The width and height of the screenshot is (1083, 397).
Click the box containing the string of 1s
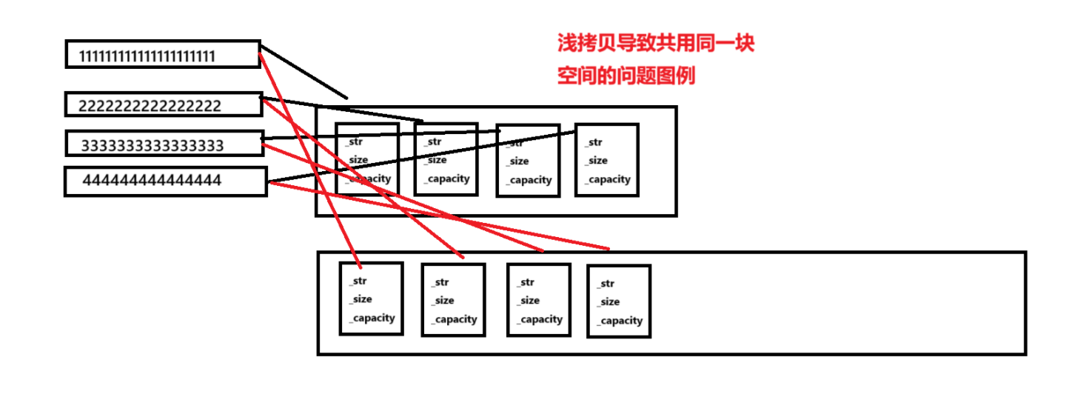click(x=163, y=54)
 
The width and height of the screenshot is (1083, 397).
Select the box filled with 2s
click(x=164, y=104)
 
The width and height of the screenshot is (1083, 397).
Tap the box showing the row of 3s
click(x=164, y=144)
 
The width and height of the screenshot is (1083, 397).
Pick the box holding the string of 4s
click(x=165, y=181)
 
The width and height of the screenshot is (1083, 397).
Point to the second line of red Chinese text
click(x=626, y=76)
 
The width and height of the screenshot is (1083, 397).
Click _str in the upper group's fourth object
click(x=594, y=142)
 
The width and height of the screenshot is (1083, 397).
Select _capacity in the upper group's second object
click(x=447, y=179)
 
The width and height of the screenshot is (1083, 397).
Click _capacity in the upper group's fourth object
click(x=607, y=179)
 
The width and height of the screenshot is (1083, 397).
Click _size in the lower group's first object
click(x=361, y=299)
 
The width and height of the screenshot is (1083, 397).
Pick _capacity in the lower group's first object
click(x=372, y=318)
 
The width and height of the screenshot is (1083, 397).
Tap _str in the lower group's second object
click(x=440, y=282)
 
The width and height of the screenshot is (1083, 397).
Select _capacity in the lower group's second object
click(x=455, y=320)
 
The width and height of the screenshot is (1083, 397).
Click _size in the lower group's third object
click(x=528, y=301)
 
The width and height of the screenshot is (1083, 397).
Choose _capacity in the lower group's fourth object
click(x=620, y=321)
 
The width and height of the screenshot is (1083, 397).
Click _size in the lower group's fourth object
click(x=608, y=302)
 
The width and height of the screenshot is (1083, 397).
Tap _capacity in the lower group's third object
click(x=540, y=320)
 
